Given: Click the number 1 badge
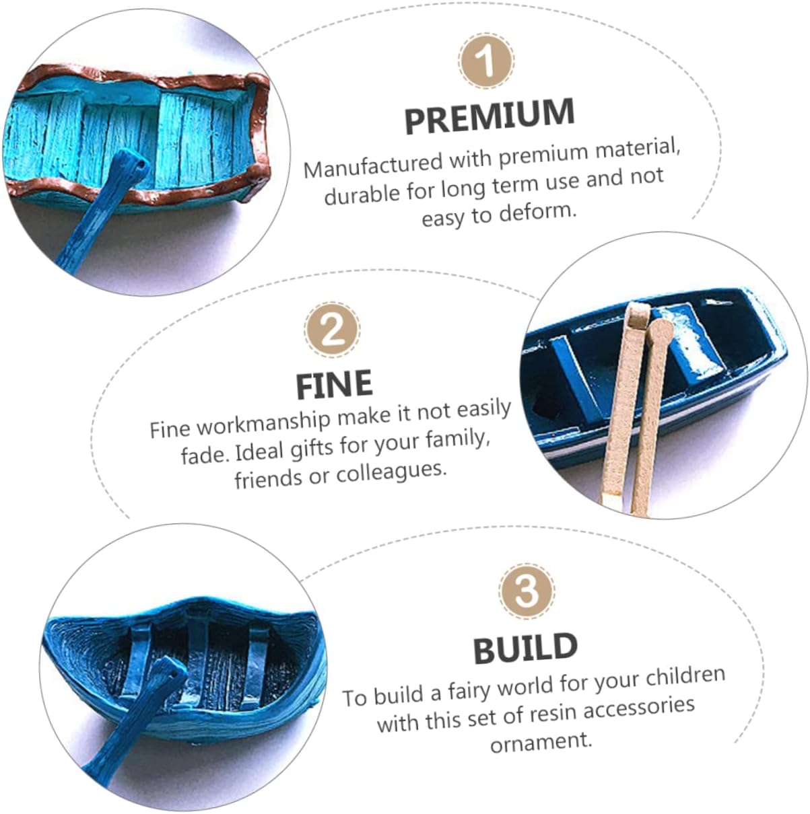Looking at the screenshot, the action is click(x=486, y=61).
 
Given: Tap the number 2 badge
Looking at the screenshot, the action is click(x=332, y=330).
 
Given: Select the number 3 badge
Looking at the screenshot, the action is click(x=527, y=591).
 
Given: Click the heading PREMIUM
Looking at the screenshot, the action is click(x=490, y=116).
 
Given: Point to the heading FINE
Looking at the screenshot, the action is click(x=334, y=384).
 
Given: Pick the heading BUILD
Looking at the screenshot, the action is click(x=526, y=648).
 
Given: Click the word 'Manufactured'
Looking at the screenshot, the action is click(x=373, y=165).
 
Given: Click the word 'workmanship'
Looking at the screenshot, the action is click(x=263, y=424).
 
